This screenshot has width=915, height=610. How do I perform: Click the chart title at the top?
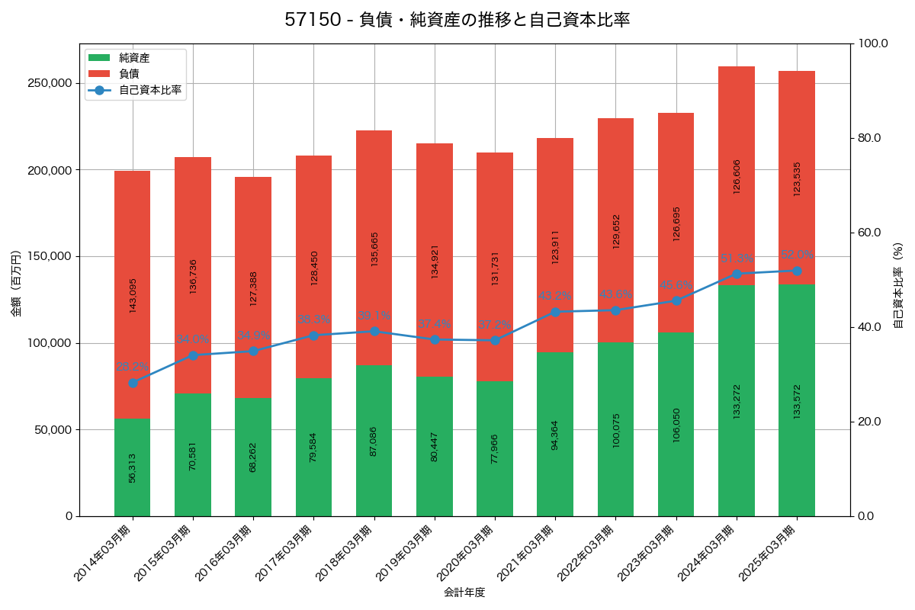pyautogui.click(x=457, y=20)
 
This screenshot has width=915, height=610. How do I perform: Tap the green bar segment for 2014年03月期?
pyautogui.click(x=133, y=467)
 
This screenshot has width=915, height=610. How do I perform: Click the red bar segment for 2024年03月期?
pyautogui.click(x=737, y=175)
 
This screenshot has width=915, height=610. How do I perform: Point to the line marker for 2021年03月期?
pyautogui.click(x=555, y=312)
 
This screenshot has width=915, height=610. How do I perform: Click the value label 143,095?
pyautogui.click(x=133, y=295)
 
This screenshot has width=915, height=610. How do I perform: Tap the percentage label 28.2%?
pyautogui.click(x=133, y=367)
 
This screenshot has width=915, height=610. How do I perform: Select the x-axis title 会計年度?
pyautogui.click(x=464, y=592)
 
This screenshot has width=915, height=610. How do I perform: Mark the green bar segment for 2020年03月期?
pyautogui.click(x=495, y=448)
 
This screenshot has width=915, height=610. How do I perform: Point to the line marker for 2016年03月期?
pyautogui.click(x=253, y=351)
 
